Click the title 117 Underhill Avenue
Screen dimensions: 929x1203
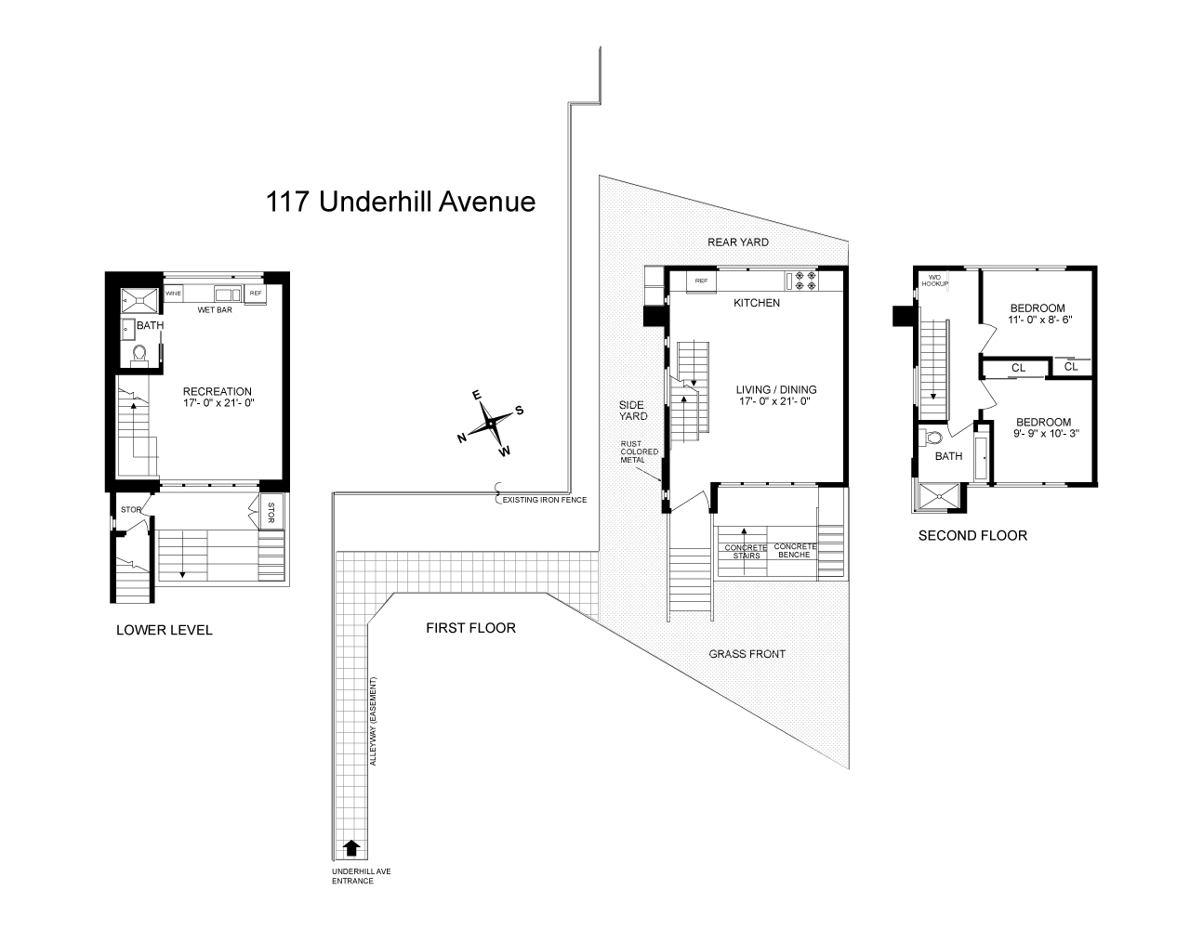point(401,202)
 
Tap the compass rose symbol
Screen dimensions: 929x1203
point(491,425)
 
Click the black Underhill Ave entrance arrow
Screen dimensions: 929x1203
point(351,847)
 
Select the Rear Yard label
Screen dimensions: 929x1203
point(738,242)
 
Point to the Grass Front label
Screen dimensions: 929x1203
point(747,654)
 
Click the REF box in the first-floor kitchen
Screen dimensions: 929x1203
point(701,280)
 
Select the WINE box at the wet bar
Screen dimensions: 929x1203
point(174,294)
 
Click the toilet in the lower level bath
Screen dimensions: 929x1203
point(140,353)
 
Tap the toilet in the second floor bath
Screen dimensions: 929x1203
point(933,437)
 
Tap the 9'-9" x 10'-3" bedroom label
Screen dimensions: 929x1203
point(1042,426)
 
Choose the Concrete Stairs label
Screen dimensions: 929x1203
point(746,552)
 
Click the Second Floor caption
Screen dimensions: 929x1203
point(972,535)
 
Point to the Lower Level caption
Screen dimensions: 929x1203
point(165,630)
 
